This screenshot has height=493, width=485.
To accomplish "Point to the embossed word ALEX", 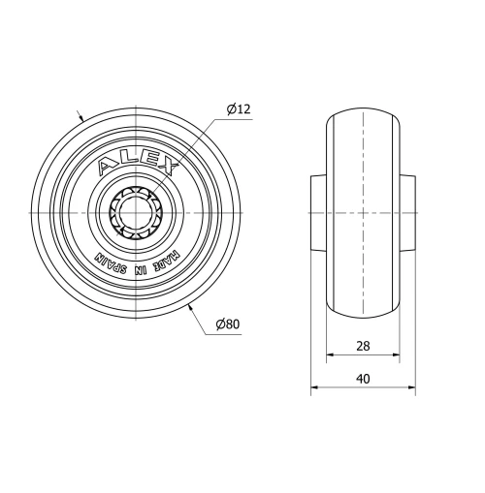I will coord(139,161).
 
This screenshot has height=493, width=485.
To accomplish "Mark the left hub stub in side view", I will coord(316,212).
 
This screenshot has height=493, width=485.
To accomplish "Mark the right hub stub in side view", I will coord(408,212).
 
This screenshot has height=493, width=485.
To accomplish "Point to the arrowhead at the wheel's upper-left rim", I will coord(83,116).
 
